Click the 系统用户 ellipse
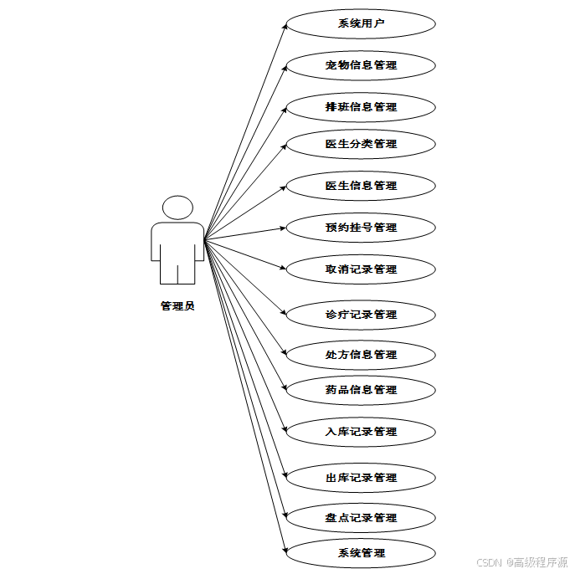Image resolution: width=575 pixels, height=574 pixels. [361, 23]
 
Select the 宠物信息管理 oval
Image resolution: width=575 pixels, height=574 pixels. [361, 65]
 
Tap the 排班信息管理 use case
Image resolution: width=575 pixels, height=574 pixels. [361, 107]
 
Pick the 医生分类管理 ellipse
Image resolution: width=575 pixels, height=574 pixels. [361, 144]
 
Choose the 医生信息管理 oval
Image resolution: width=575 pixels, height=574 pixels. [361, 186]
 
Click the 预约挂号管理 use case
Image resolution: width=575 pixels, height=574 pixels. [361, 228]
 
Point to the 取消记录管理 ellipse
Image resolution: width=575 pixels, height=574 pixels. [361, 269]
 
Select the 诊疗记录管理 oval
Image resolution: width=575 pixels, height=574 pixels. [361, 315]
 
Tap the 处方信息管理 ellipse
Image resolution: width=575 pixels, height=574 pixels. [361, 355]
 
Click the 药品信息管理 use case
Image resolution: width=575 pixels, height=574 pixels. [361, 390]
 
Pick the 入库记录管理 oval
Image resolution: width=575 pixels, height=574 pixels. [361, 432]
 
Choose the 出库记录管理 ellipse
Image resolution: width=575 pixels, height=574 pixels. [361, 478]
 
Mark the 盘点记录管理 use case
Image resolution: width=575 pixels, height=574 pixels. [361, 518]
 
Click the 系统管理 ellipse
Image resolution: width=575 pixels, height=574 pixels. [361, 553]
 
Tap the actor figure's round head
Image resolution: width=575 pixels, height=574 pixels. [177, 208]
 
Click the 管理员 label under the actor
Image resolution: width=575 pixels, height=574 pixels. [177, 306]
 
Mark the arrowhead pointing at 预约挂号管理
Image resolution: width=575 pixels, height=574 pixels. [284, 228]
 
